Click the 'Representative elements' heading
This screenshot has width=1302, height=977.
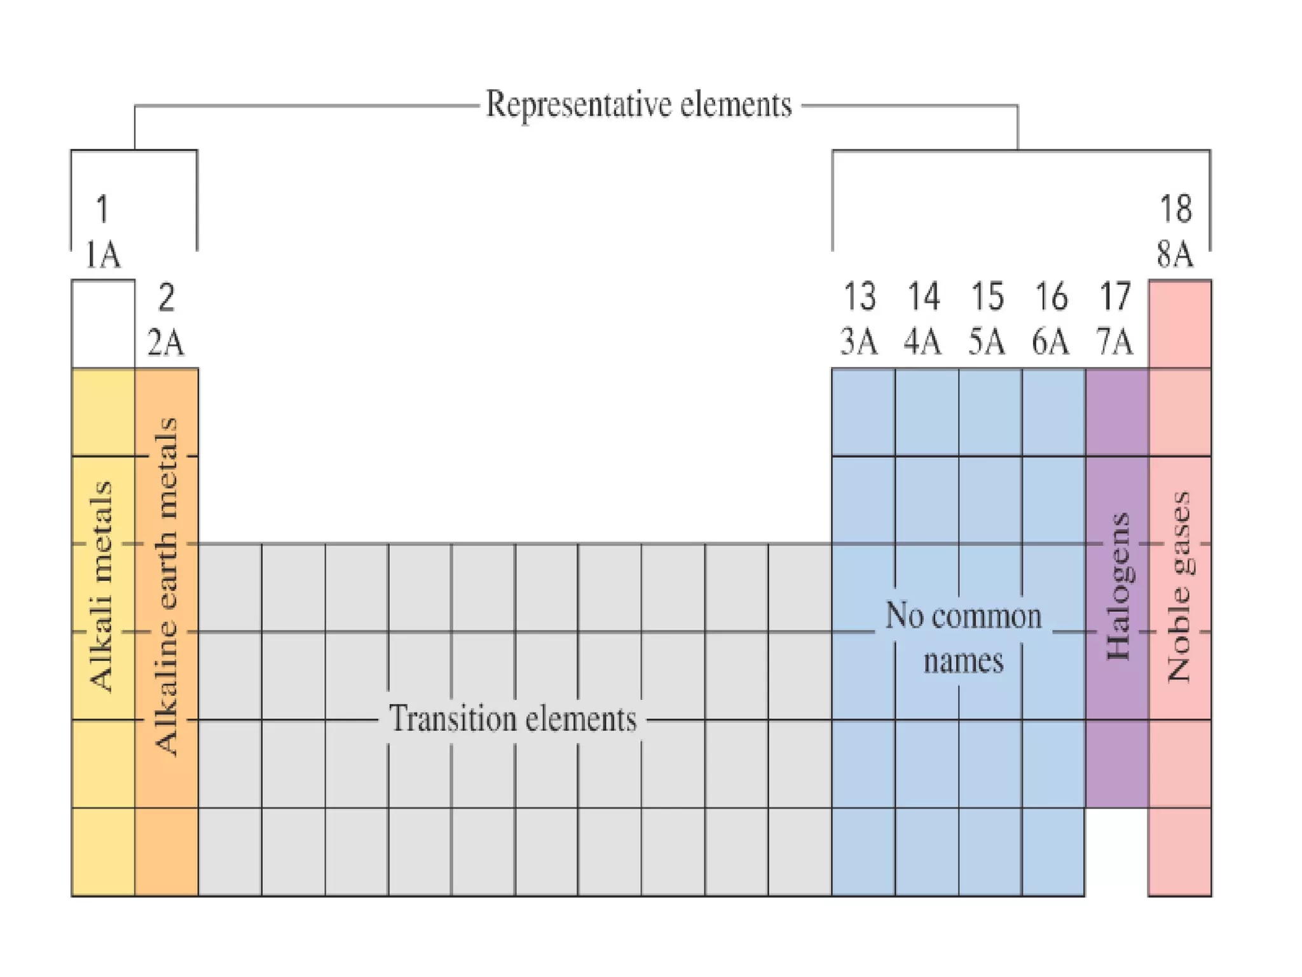point(638,105)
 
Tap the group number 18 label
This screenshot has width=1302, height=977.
point(1175,209)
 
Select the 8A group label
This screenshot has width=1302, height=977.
point(1175,254)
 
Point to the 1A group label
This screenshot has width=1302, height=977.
point(102,255)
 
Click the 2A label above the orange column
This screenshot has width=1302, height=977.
point(166,343)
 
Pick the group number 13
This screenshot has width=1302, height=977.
point(859,297)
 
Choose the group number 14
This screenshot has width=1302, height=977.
point(923,297)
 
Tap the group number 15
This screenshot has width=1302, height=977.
point(987,297)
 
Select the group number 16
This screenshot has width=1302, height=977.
point(1051,297)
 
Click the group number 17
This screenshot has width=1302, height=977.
point(1115,297)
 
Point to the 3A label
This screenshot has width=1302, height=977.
point(859,342)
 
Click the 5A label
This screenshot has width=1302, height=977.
point(987,342)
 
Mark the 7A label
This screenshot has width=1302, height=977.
point(1114,342)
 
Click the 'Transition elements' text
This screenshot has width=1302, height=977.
point(512,719)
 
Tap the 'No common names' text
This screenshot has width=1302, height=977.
point(963,638)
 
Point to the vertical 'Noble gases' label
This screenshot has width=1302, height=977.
point(1179,586)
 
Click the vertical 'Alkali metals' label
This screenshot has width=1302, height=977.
point(102,586)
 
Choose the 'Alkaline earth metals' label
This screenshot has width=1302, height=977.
point(166,586)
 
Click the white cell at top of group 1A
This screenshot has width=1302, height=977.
point(103,324)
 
